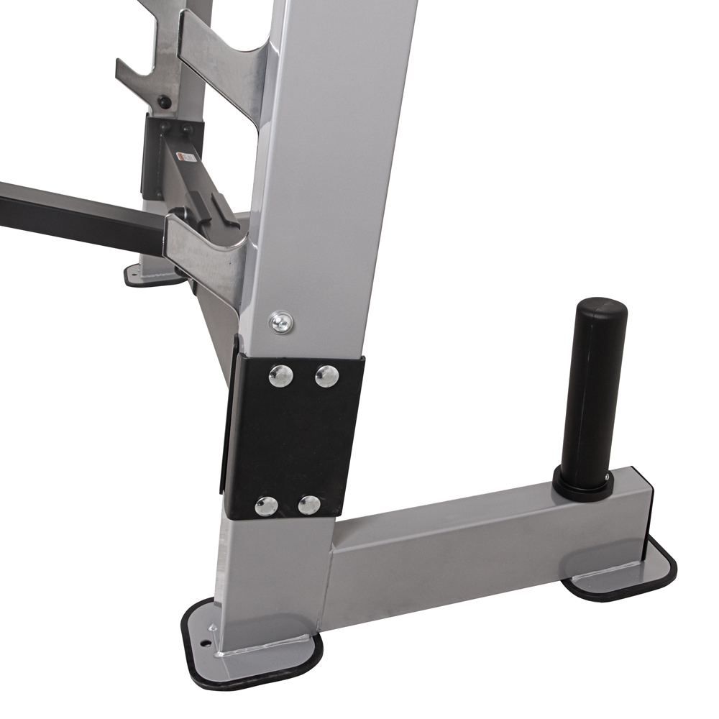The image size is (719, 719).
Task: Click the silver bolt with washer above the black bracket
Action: point(281,321)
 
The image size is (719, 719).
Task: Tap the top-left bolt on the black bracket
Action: point(280,374)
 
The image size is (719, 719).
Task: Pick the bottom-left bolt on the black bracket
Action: point(267,505)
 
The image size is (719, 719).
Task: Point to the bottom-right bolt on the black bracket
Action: point(310,505)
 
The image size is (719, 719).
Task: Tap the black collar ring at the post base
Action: point(582,487)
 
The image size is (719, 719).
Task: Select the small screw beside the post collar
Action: point(608,476)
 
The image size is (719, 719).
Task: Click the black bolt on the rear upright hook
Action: point(165,102)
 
